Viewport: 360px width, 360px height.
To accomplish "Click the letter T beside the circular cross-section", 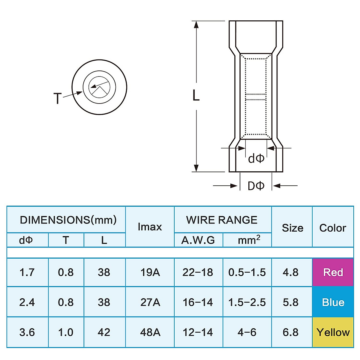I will [x=57, y=98].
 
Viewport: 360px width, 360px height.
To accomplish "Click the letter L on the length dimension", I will [x=196, y=96].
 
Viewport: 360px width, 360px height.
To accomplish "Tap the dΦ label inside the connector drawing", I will [x=256, y=158].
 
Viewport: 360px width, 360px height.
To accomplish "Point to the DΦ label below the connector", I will [x=256, y=186].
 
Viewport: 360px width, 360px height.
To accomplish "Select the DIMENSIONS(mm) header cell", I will [x=68, y=220].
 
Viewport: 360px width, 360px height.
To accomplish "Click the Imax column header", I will [x=150, y=227].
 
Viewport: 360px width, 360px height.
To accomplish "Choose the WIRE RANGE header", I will [x=222, y=220].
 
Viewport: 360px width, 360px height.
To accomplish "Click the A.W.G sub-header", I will [x=198, y=240].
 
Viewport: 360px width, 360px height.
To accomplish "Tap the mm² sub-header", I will [x=249, y=240].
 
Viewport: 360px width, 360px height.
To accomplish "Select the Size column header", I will [x=292, y=228].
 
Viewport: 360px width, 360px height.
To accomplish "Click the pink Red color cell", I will [x=333, y=272].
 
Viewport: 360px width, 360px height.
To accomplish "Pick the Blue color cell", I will [x=333, y=302].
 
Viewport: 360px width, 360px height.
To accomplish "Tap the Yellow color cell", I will [x=333, y=332].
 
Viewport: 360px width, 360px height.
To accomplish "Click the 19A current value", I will [x=150, y=272].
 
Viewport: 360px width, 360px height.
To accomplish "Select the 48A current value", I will [x=150, y=332].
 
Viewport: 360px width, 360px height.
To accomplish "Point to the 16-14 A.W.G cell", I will [x=198, y=302].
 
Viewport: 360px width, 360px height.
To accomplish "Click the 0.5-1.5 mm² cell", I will [x=247, y=272].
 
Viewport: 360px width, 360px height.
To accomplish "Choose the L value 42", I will [x=104, y=332].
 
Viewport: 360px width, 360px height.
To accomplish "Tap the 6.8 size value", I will [x=290, y=332].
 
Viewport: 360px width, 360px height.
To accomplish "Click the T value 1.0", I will [x=66, y=332].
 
